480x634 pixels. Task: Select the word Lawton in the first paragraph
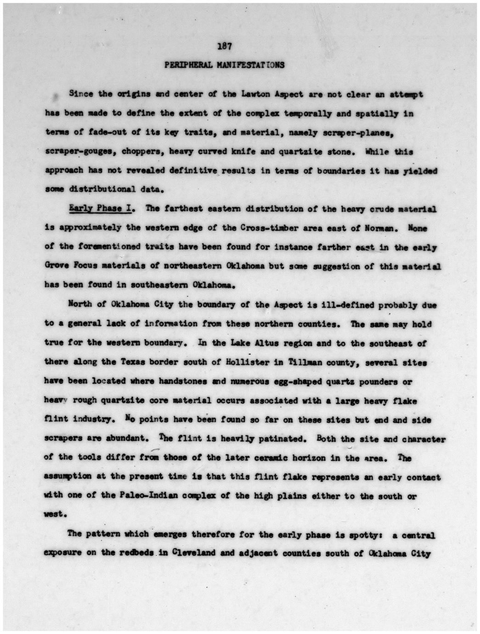click(x=253, y=94)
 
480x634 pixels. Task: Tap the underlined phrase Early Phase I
click(x=101, y=209)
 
